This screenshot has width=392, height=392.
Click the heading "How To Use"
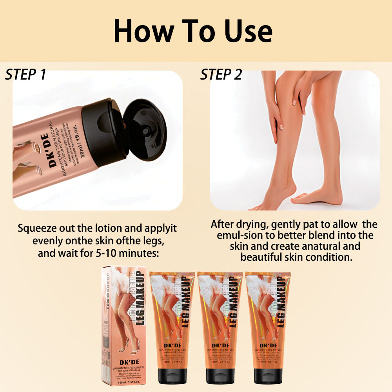[x=193, y=31]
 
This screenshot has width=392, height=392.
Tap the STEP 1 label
[x=26, y=74]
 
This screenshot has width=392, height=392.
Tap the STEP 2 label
[x=221, y=74]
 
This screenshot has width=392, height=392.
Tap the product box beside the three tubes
[x=123, y=325]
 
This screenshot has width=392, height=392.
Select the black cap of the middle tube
[x=218, y=375]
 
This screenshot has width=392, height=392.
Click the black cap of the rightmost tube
[x=267, y=375]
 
